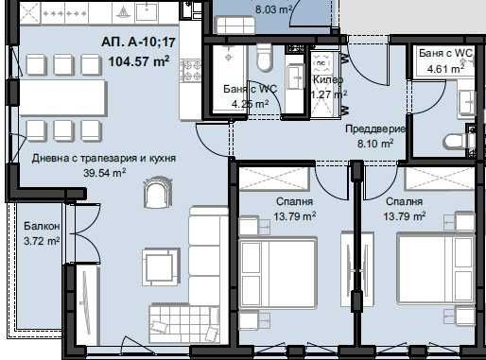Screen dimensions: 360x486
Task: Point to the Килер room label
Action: pos(329,81)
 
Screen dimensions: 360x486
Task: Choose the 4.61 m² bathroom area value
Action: pos(444,68)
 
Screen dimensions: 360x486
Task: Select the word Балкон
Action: pos(41,228)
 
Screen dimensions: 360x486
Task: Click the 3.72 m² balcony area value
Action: pos(41,242)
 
